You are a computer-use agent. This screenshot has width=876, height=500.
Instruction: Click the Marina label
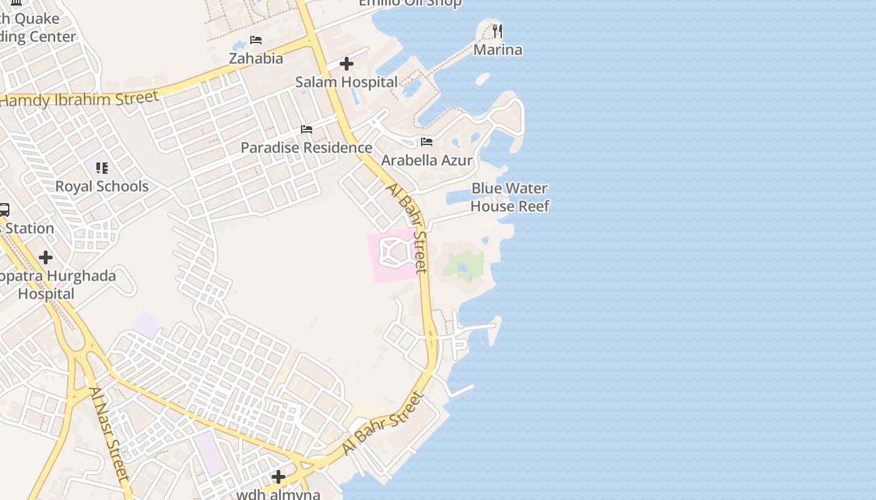pyautogui.click(x=497, y=49)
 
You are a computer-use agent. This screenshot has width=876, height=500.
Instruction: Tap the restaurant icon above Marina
pyautogui.click(x=497, y=31)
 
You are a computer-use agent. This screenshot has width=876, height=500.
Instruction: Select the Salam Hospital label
pyautogui.click(x=346, y=82)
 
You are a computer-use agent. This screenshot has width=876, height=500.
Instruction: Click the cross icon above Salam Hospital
pyautogui.click(x=347, y=64)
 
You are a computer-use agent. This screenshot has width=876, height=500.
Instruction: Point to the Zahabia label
pyautogui.click(x=256, y=58)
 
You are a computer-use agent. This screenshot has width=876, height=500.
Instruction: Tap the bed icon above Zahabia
pyautogui.click(x=256, y=40)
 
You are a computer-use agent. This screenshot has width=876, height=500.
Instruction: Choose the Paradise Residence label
pyautogui.click(x=307, y=147)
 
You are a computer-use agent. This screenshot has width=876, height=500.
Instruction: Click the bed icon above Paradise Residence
pyautogui.click(x=307, y=129)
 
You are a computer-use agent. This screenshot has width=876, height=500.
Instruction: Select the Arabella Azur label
pyautogui.click(x=427, y=160)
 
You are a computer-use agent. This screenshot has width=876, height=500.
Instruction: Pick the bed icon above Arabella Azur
pyautogui.click(x=427, y=142)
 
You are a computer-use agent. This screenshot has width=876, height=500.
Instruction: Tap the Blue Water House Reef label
pyautogui.click(x=509, y=197)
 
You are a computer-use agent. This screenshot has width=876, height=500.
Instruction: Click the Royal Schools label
pyautogui.click(x=102, y=186)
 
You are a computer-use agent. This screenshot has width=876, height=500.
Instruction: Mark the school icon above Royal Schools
pyautogui.click(x=102, y=168)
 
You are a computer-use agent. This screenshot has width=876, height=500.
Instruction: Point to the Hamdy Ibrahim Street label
pyautogui.click(x=79, y=99)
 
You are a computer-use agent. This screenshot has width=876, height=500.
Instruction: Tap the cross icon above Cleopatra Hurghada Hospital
pyautogui.click(x=46, y=257)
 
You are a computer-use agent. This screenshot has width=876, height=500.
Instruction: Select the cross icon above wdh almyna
pyautogui.click(x=278, y=477)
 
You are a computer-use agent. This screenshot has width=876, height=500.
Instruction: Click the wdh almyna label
pyautogui.click(x=278, y=494)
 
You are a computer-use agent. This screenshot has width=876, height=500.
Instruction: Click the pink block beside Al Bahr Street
pyautogui.click(x=385, y=269)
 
